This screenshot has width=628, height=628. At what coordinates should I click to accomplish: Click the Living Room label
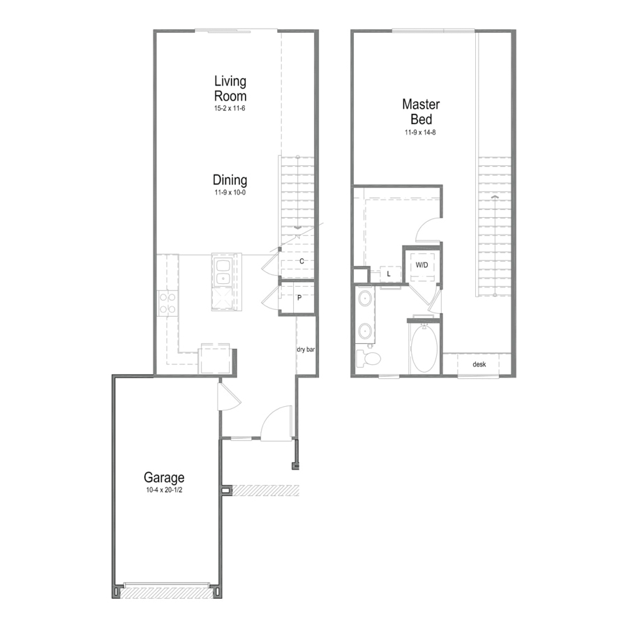click(230, 89)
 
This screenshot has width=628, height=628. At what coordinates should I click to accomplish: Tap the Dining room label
click(230, 180)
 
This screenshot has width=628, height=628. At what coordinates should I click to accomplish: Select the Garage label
click(164, 477)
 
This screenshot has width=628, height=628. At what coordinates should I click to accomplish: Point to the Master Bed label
click(421, 112)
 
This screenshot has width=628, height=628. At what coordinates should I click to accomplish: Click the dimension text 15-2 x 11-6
click(230, 108)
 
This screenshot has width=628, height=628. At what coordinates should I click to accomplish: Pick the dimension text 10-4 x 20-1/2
click(164, 490)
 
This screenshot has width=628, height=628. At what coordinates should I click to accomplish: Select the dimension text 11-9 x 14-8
click(420, 132)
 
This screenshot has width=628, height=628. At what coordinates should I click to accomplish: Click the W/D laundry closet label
click(421, 265)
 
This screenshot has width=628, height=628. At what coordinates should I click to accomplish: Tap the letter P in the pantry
click(299, 298)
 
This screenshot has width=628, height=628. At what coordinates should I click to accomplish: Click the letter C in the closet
click(301, 262)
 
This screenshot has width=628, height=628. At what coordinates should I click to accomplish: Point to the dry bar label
click(306, 350)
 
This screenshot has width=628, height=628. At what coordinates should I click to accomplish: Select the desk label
click(479, 364)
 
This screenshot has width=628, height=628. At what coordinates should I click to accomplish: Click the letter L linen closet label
click(389, 274)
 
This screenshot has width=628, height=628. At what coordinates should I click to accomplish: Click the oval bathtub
click(424, 348)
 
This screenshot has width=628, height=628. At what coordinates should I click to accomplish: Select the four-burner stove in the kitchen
click(167, 303)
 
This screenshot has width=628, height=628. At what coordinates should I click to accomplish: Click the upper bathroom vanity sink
click(364, 299)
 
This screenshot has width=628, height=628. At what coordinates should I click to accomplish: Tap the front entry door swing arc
click(276, 423)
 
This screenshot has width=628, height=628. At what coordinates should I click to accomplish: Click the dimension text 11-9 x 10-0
click(230, 193)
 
